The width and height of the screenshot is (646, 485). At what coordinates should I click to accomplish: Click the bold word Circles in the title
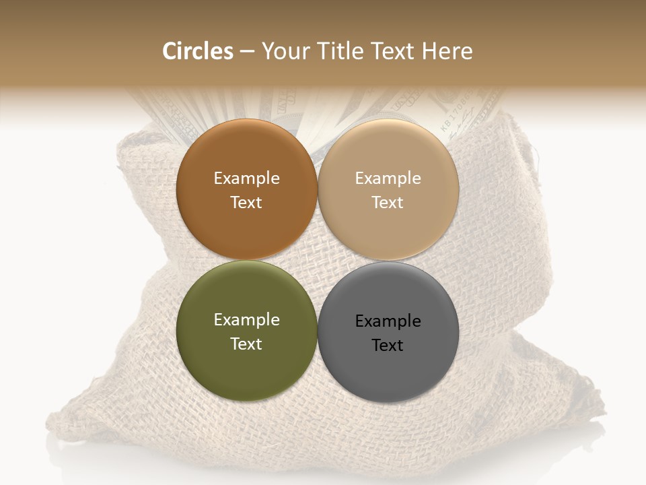pos(197,51)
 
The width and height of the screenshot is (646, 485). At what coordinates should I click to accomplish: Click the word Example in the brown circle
pos(246,178)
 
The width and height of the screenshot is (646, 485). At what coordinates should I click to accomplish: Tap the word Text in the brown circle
pos(246,202)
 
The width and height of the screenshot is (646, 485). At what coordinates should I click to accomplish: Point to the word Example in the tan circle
pos(388,178)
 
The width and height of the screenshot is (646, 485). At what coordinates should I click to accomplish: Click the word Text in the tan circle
pos(388,202)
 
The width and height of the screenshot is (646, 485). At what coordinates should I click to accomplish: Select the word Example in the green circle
pos(246,319)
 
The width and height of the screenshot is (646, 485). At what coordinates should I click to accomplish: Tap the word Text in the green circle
pos(246,344)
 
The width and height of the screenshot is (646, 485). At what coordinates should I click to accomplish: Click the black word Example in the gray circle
pos(388,321)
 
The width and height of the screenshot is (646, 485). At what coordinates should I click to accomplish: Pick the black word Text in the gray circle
pos(388,345)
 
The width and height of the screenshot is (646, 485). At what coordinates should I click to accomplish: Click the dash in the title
pos(247,51)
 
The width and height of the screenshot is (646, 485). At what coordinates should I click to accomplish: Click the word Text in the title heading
pos(393,51)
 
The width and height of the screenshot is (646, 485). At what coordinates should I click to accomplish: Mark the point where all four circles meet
pos(318,261)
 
